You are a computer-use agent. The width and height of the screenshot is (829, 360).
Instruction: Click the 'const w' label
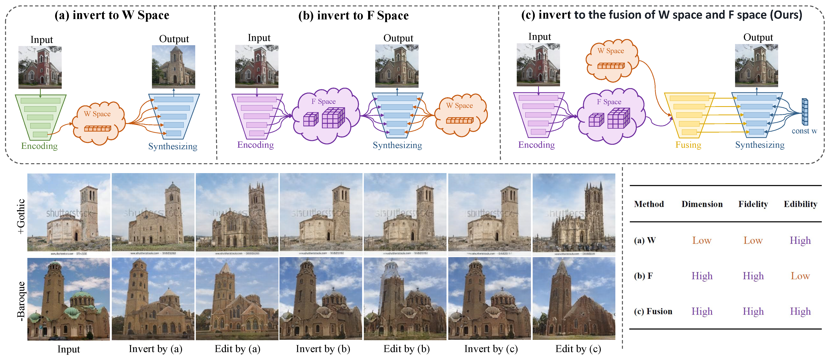point(804,131)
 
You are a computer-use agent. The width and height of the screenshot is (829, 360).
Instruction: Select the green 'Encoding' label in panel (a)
point(39,146)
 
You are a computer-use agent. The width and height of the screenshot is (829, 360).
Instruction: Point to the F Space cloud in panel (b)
point(326,115)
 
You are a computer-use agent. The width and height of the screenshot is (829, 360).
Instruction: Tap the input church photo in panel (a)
point(40,67)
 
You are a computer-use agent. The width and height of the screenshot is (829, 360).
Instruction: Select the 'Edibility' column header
point(800,204)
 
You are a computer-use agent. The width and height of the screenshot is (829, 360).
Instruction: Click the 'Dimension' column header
point(702,204)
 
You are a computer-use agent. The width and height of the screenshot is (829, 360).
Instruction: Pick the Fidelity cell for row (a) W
point(753,241)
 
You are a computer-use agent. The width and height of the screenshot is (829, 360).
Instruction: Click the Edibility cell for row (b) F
point(800,276)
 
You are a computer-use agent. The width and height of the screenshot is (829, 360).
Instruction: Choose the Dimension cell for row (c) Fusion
point(702,311)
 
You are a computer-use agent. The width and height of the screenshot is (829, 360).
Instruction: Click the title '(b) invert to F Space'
point(353,16)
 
